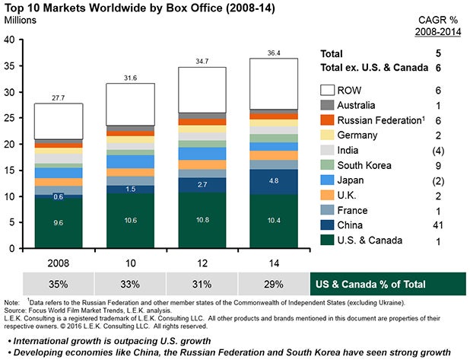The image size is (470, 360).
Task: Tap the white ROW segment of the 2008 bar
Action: (x=58, y=122)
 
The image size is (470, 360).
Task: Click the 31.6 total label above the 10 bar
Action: (x=131, y=76)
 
